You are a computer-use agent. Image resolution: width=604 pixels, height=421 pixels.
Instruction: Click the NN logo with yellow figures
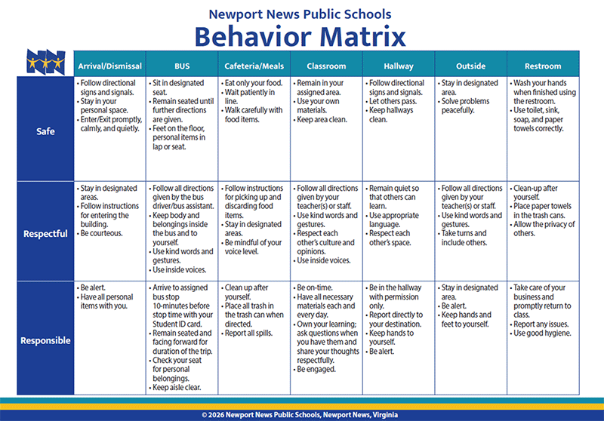click(x=45, y=62)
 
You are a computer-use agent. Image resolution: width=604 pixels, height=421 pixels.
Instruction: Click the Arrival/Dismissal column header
click(x=109, y=66)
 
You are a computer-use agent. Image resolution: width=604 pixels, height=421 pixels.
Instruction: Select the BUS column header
click(x=182, y=66)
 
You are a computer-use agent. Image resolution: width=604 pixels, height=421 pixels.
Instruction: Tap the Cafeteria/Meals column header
click(x=254, y=66)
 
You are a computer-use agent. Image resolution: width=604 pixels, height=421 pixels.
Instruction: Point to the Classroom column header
click(x=326, y=66)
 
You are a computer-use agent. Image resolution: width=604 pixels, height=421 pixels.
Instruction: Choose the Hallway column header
click(x=399, y=66)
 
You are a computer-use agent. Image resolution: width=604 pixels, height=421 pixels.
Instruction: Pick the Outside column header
click(x=470, y=66)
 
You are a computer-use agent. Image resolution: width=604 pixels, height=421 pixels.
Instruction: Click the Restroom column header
click(x=543, y=66)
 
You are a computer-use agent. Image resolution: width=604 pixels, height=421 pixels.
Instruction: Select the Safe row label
click(x=45, y=131)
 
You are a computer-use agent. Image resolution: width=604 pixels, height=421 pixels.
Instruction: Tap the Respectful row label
click(x=45, y=234)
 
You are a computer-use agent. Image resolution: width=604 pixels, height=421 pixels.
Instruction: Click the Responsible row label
click(x=45, y=340)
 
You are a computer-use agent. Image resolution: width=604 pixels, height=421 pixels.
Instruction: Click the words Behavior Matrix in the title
click(x=300, y=36)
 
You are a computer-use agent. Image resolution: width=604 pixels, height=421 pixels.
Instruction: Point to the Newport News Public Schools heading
click(x=300, y=14)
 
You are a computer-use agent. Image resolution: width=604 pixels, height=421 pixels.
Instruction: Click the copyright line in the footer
click(x=300, y=415)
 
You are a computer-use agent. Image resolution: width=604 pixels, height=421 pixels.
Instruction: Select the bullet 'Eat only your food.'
click(x=252, y=83)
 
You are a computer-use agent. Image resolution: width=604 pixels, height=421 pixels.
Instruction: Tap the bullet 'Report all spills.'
click(x=247, y=333)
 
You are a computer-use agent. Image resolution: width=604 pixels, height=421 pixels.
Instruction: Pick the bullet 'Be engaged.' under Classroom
click(x=315, y=369)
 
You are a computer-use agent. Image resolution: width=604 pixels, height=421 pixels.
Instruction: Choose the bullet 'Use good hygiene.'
click(x=541, y=333)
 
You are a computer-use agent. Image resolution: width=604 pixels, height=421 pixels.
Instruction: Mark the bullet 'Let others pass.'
click(x=391, y=101)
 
